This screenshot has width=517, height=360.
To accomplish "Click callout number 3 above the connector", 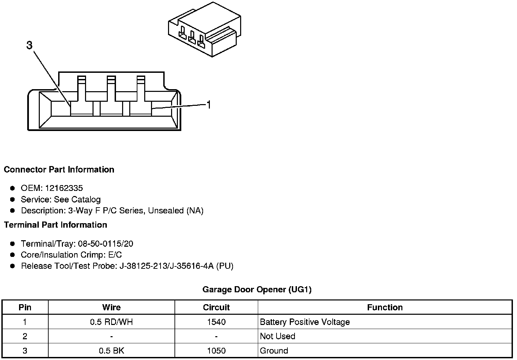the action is click(30, 45).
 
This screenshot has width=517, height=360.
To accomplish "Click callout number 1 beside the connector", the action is click(209, 105).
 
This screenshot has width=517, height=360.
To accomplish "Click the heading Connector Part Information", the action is click(59, 169).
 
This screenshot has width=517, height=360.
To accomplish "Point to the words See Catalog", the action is click(77, 199).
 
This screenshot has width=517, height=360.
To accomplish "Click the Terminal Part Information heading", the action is click(55, 225).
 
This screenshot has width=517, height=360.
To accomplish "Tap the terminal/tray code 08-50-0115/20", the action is click(105, 244).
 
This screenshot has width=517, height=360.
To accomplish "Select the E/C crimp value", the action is click(114, 255).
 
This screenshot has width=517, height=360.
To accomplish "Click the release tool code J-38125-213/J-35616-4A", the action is click(166, 266).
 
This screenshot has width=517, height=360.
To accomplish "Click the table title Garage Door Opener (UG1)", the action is click(257, 290).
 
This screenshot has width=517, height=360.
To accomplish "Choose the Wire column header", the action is click(111, 308).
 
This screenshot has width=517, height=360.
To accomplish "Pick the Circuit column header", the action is click(216, 308).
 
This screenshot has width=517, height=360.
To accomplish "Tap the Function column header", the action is click(385, 308).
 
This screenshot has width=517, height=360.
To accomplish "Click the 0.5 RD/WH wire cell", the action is click(111, 322).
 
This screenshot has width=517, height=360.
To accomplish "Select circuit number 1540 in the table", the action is click(216, 322).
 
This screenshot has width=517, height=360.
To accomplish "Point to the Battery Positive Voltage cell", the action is click(304, 322).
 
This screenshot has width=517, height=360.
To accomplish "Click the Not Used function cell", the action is click(277, 336).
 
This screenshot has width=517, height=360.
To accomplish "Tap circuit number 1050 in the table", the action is click(216, 350).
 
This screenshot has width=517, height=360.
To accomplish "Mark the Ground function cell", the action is click(274, 350).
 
